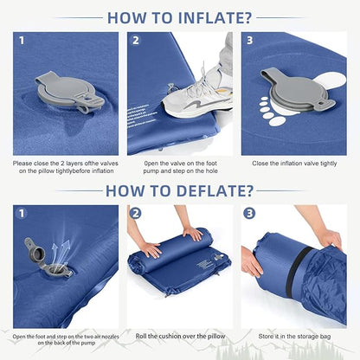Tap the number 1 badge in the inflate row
click(x=22, y=41)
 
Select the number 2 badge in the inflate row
click(x=137, y=41)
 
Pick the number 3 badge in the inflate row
click(x=251, y=41)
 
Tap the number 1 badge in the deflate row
click(x=22, y=213)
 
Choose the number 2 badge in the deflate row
click(x=137, y=213)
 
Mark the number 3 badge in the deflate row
click(x=251, y=213)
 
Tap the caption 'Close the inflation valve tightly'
click(x=293, y=163)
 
